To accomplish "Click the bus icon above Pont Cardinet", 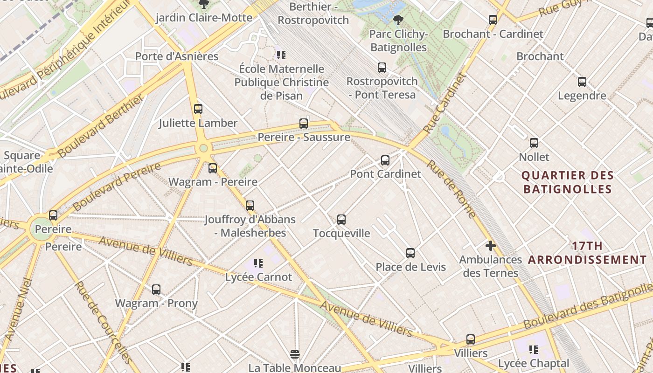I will pyautogui.click(x=385, y=160).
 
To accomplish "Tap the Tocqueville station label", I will pyautogui.click(x=341, y=233).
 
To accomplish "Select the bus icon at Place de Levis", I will pyautogui.click(x=410, y=253).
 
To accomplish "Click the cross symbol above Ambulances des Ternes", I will pyautogui.click(x=490, y=245).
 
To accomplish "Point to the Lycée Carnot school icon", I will pyautogui.click(x=258, y=264).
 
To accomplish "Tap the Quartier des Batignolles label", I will pyautogui.click(x=567, y=182).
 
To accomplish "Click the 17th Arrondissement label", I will pyautogui.click(x=587, y=253).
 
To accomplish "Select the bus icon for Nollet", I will pyautogui.click(x=534, y=143).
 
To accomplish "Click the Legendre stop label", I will pyautogui.click(x=582, y=96).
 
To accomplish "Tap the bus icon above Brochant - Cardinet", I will pyautogui.click(x=493, y=20).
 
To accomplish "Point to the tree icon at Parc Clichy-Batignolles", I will pyautogui.click(x=398, y=20).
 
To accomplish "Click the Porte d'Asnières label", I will pyautogui.click(x=177, y=56).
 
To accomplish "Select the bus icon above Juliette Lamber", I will pyautogui.click(x=198, y=109).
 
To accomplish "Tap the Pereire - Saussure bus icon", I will pyautogui.click(x=304, y=124).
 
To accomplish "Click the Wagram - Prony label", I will pyautogui.click(x=156, y=303).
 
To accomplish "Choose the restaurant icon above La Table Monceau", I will pyautogui.click(x=294, y=355).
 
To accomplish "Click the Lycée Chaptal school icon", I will pyautogui.click(x=534, y=350).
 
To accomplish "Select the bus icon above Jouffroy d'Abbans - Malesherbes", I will pyautogui.click(x=250, y=205).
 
